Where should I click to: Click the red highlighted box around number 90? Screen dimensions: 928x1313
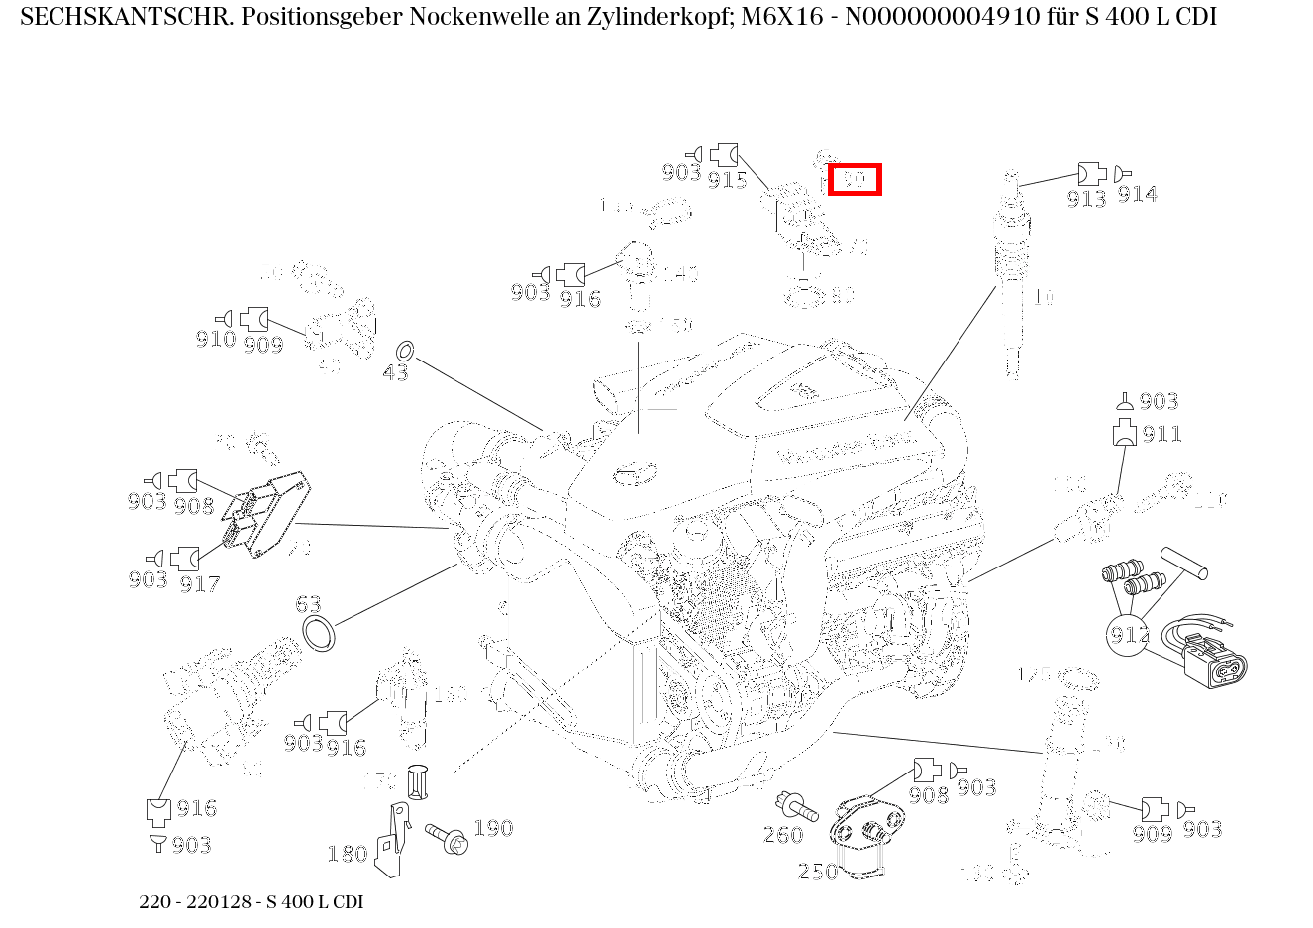(854, 180)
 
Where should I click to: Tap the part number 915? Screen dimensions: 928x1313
(727, 179)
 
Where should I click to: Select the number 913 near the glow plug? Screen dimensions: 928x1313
(1086, 198)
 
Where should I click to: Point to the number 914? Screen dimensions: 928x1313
(1137, 194)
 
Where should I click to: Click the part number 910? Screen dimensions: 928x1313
(215, 339)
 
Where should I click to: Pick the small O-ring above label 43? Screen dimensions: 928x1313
(404, 351)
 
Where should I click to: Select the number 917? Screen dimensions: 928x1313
(199, 583)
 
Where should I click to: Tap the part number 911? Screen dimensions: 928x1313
(1161, 434)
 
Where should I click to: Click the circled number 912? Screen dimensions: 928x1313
(1128, 634)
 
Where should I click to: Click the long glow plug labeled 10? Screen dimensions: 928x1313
(1011, 287)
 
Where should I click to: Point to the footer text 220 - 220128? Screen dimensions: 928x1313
(197, 902)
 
